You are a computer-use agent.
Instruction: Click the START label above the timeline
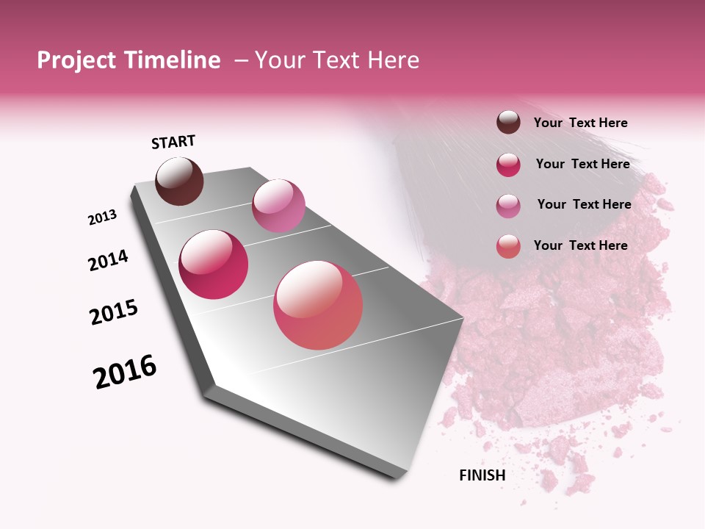click(173, 142)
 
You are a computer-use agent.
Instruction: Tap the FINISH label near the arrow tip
click(482, 475)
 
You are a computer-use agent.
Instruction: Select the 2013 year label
click(103, 217)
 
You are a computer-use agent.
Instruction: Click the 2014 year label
click(109, 260)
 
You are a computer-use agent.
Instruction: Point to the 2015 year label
click(114, 312)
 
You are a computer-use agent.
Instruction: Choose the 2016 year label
click(125, 372)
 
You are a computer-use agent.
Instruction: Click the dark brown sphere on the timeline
click(179, 181)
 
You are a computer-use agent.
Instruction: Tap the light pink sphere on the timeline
click(278, 205)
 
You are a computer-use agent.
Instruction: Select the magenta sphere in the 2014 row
click(214, 264)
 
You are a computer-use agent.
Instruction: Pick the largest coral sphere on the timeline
click(318, 305)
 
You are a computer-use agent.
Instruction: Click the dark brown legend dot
click(508, 123)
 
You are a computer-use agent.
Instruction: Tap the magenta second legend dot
click(508, 165)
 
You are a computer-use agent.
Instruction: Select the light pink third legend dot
click(508, 206)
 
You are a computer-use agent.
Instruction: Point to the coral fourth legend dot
click(508, 246)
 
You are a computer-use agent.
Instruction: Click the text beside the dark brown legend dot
click(581, 123)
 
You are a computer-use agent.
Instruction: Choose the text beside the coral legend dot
click(581, 245)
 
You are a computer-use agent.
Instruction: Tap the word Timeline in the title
click(173, 60)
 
